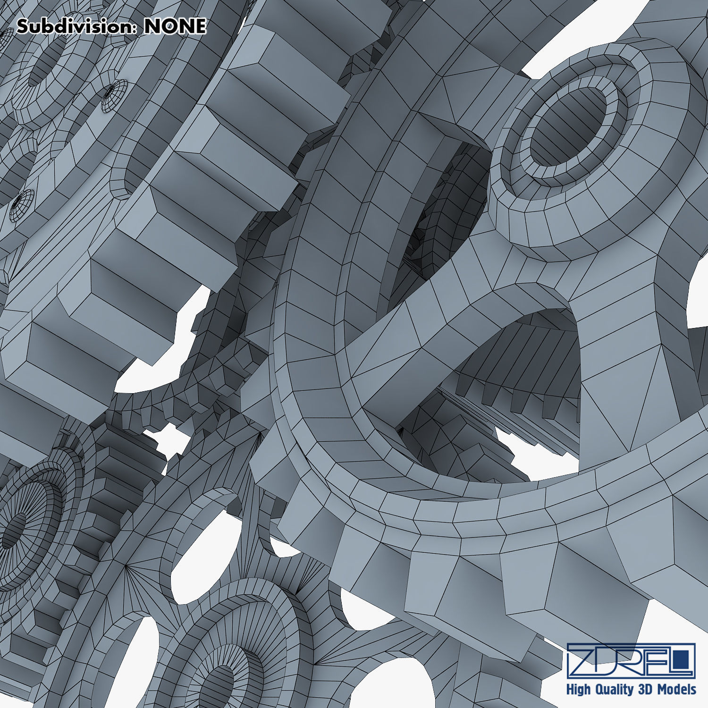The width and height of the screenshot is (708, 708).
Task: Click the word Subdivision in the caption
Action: (76, 26)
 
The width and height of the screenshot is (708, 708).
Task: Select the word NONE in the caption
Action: (175, 26)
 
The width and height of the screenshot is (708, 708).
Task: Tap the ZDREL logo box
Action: (631, 660)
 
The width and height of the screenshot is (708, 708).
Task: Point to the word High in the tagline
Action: (579, 690)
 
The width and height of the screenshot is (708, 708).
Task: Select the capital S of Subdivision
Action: (22, 26)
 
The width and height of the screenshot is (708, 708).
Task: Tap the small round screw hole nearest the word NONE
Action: (114, 96)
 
